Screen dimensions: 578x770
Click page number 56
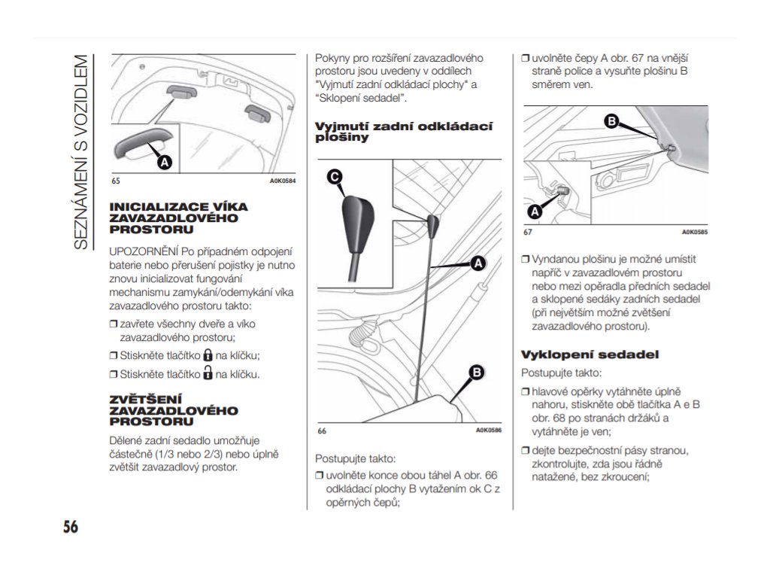click(70, 526)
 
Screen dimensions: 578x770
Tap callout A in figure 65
click(163, 162)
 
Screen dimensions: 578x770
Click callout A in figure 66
click(477, 263)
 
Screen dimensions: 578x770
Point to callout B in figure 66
click(476, 373)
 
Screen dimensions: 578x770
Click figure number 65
click(116, 181)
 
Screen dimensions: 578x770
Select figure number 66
click(321, 430)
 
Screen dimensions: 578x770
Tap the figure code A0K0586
click(488, 430)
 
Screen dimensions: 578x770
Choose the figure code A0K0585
click(695, 232)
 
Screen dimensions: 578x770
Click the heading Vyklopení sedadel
click(590, 354)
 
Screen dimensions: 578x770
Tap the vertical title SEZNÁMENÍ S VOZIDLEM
click(83, 151)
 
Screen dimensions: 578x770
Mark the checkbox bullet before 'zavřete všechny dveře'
click(114, 324)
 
